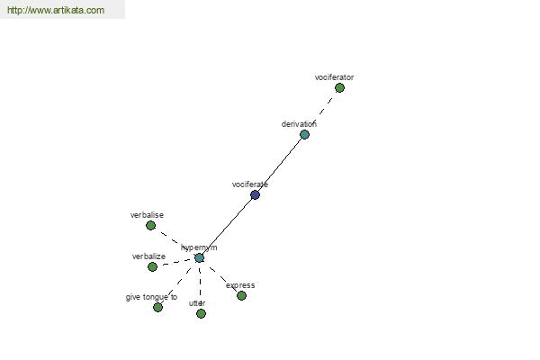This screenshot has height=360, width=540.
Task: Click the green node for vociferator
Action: point(339,88)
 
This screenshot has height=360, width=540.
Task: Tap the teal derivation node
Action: point(304,134)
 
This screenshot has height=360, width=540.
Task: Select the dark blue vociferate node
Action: point(255,195)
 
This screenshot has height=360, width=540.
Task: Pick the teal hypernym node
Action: point(199,257)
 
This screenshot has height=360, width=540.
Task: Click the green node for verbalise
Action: point(150,226)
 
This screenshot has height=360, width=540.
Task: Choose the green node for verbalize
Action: point(152,266)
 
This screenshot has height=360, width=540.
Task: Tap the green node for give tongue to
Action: point(157,307)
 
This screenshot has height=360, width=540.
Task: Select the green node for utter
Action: point(201,313)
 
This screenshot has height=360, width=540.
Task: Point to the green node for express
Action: point(241,295)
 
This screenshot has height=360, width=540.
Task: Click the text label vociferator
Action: point(334,77)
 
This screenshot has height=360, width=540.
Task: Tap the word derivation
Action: point(299,124)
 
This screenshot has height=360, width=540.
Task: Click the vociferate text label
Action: point(250,184)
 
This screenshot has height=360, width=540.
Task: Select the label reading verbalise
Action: point(147,215)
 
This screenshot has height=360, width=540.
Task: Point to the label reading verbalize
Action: point(148,256)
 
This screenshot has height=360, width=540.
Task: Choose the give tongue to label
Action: point(151,297)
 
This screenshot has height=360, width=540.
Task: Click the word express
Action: point(240,285)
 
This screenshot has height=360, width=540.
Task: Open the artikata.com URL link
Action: point(56,10)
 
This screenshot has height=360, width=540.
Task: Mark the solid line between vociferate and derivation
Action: point(280,165)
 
